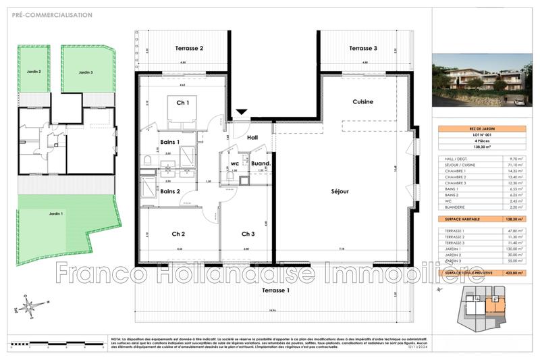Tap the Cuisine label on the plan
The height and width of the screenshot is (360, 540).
tap(362, 101)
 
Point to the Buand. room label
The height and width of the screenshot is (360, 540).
tap(261, 163)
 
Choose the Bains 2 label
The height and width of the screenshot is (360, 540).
tap(169, 191)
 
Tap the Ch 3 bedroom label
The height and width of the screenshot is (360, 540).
tap(248, 234)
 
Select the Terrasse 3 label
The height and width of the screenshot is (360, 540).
tap(362, 49)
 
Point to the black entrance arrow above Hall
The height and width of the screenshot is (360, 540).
tap(241, 113)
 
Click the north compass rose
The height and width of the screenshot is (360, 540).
tap(28, 308)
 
